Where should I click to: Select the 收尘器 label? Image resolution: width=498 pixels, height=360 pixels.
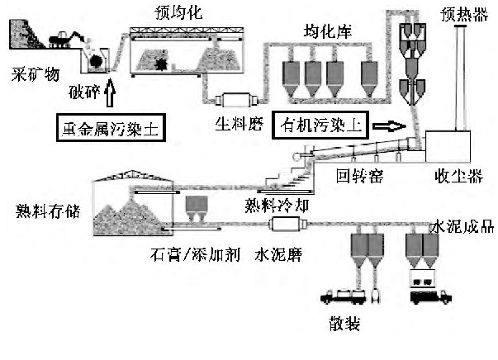[455, 176]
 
